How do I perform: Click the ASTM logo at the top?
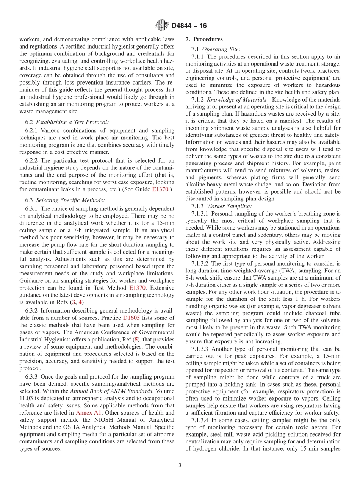162,26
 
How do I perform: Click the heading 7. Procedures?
204,39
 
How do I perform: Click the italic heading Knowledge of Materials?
230,99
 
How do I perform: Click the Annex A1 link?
86,412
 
